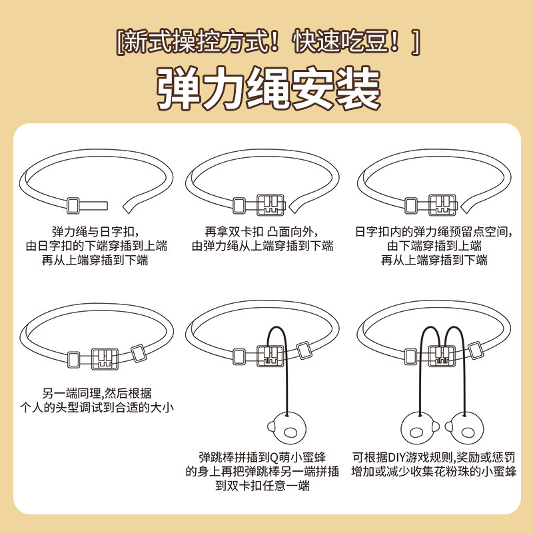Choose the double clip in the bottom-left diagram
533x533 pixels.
pos(105,358)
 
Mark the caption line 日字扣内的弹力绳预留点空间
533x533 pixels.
pos(434,232)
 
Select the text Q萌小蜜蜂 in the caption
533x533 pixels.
pos(297,457)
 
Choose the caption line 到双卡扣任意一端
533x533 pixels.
pos(263,486)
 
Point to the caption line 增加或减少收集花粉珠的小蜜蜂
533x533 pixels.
pos(434,472)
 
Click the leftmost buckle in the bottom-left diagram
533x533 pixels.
pos(74,358)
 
